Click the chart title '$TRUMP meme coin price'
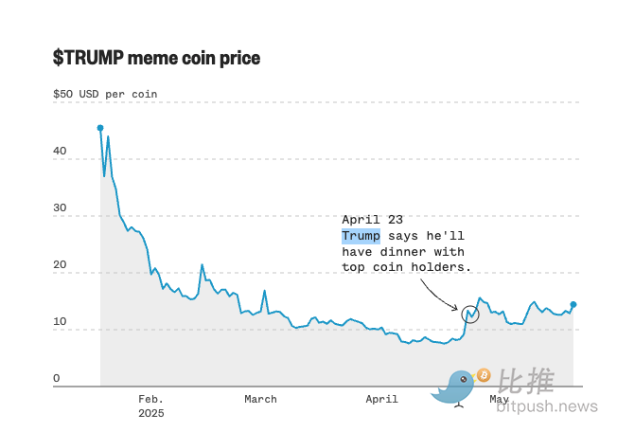(x=156, y=58)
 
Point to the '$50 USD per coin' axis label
(x=105, y=94)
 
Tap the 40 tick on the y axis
(x=60, y=151)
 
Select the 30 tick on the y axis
(x=60, y=207)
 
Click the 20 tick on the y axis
(x=60, y=265)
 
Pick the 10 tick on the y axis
(x=60, y=322)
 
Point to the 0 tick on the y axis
(x=57, y=378)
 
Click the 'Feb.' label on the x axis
(x=150, y=400)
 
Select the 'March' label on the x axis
(x=260, y=400)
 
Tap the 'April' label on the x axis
(x=382, y=400)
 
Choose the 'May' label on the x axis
(x=499, y=400)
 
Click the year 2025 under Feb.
(x=150, y=413)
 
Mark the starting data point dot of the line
(x=100, y=128)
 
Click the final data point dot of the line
(x=573, y=305)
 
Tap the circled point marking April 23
(x=471, y=314)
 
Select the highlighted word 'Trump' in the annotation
(x=361, y=236)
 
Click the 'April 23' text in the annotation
(x=372, y=219)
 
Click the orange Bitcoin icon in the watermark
(x=484, y=375)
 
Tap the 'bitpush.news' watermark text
(x=547, y=406)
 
